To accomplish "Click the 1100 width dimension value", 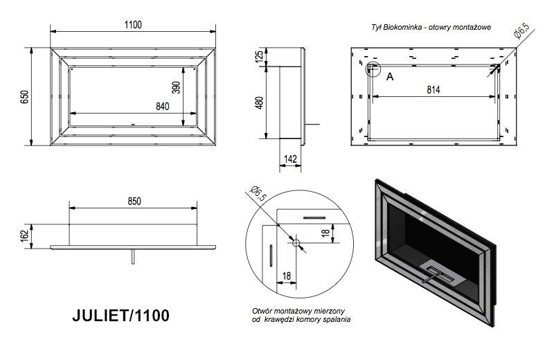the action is coord(133,25).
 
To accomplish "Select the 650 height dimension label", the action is coord(24,97).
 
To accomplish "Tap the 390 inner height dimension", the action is coord(176,88).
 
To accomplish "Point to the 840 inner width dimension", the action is coord(163,107).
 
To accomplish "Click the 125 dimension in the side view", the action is coord(259,57).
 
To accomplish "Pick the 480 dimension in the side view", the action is coord(259,102).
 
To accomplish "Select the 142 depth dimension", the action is coord(290,159).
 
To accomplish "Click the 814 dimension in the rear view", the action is coord(434,90).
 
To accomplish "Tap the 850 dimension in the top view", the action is coord(134,201).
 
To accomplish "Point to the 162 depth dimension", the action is coord(24,236).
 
